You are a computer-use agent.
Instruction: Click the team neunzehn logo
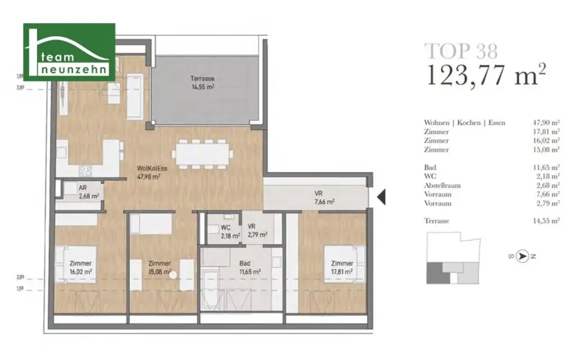tap(69, 52)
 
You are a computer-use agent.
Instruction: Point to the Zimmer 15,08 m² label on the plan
tap(159, 268)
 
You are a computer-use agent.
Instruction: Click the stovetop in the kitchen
tap(86, 170)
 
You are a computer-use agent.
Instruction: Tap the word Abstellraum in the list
tap(442, 185)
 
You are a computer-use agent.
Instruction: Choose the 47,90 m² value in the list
tap(547, 123)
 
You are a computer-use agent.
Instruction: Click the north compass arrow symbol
tap(522, 257)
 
